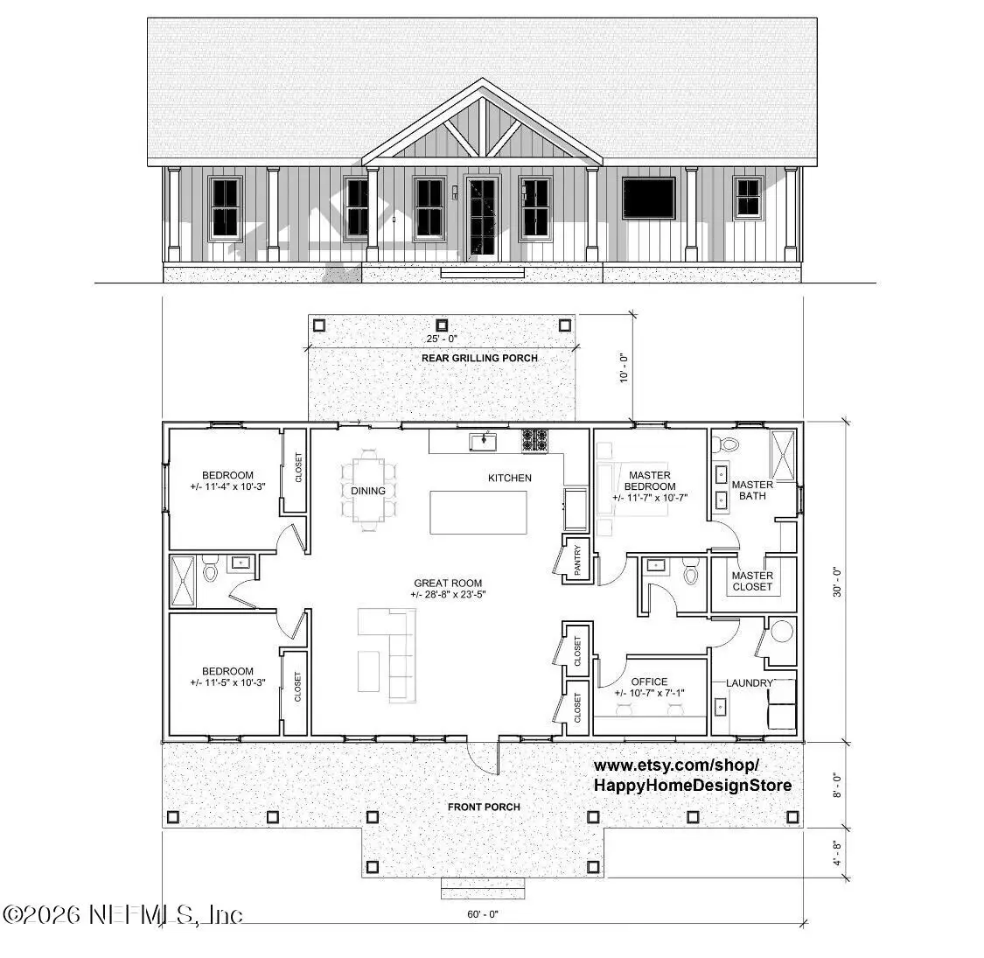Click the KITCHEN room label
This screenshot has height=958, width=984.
coord(509,478)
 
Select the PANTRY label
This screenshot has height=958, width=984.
coord(577,561)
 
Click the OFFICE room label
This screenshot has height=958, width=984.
coord(649,682)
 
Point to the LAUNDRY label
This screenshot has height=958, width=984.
coord(750,682)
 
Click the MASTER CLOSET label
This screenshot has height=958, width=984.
coord(752,581)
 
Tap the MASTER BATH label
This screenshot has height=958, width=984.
coord(752,490)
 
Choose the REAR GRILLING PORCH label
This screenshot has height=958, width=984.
coord(479,358)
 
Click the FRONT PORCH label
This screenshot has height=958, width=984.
coord(484,807)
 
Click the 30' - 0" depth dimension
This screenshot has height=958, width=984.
coord(837,580)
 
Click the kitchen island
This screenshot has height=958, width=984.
coord(478,513)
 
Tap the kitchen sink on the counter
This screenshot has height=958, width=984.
coord(482,440)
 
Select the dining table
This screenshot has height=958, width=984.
coord(368,491)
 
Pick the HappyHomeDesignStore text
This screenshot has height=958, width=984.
coord(693,785)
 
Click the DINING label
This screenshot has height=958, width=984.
coord(368,491)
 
